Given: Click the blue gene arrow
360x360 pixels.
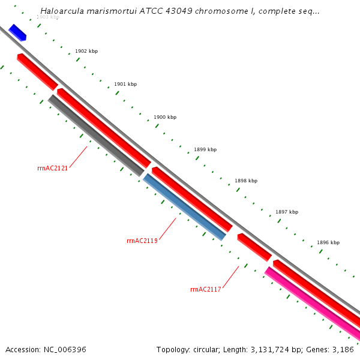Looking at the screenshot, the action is tap(17, 33).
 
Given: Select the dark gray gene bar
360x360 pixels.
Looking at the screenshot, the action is tap(97, 136).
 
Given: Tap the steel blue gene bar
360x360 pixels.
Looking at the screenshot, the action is tap(184, 207).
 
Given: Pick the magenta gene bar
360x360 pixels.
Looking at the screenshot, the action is tap(312, 303).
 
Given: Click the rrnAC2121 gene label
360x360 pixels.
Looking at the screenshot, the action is tap(52, 168).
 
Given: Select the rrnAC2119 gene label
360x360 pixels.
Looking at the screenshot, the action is tap(142, 241).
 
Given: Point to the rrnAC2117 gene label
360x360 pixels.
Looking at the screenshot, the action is tap(206, 289).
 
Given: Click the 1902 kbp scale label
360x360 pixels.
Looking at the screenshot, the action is tap(86, 52).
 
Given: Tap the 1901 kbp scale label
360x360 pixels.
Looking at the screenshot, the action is tap(125, 84).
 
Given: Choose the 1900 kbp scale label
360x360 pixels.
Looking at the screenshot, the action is tap(165, 117).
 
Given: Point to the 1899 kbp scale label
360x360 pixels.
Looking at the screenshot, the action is tap(205, 149).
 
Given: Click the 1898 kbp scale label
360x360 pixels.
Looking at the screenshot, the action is tap(246, 181).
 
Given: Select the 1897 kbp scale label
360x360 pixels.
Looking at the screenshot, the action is tap(287, 212).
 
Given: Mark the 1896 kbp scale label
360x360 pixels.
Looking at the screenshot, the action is tap(328, 242).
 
